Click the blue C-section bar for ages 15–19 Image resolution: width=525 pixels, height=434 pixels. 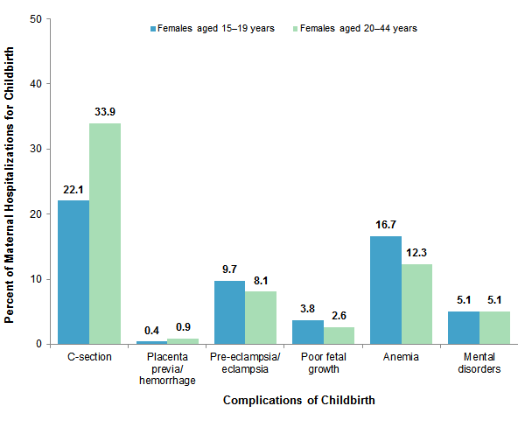pyautogui.click(x=73, y=272)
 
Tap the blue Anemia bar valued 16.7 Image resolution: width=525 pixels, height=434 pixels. pyautogui.click(x=386, y=290)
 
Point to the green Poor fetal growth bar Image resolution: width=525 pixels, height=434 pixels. pyautogui.click(x=339, y=335)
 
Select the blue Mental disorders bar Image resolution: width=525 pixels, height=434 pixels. pyautogui.click(x=464, y=327)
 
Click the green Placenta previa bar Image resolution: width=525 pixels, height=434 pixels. pyautogui.click(x=183, y=340)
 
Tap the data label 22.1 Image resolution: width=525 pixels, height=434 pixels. pyautogui.click(x=73, y=189)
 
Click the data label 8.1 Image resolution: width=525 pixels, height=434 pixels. pyautogui.click(x=261, y=280)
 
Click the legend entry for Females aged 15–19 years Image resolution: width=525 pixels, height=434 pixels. pyautogui.click(x=210, y=28)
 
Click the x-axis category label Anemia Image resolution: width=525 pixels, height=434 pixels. pyautogui.click(x=402, y=357)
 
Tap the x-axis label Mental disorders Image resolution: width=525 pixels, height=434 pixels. pyautogui.click(x=479, y=363)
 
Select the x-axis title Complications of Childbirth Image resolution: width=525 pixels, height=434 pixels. pyautogui.click(x=299, y=401)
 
